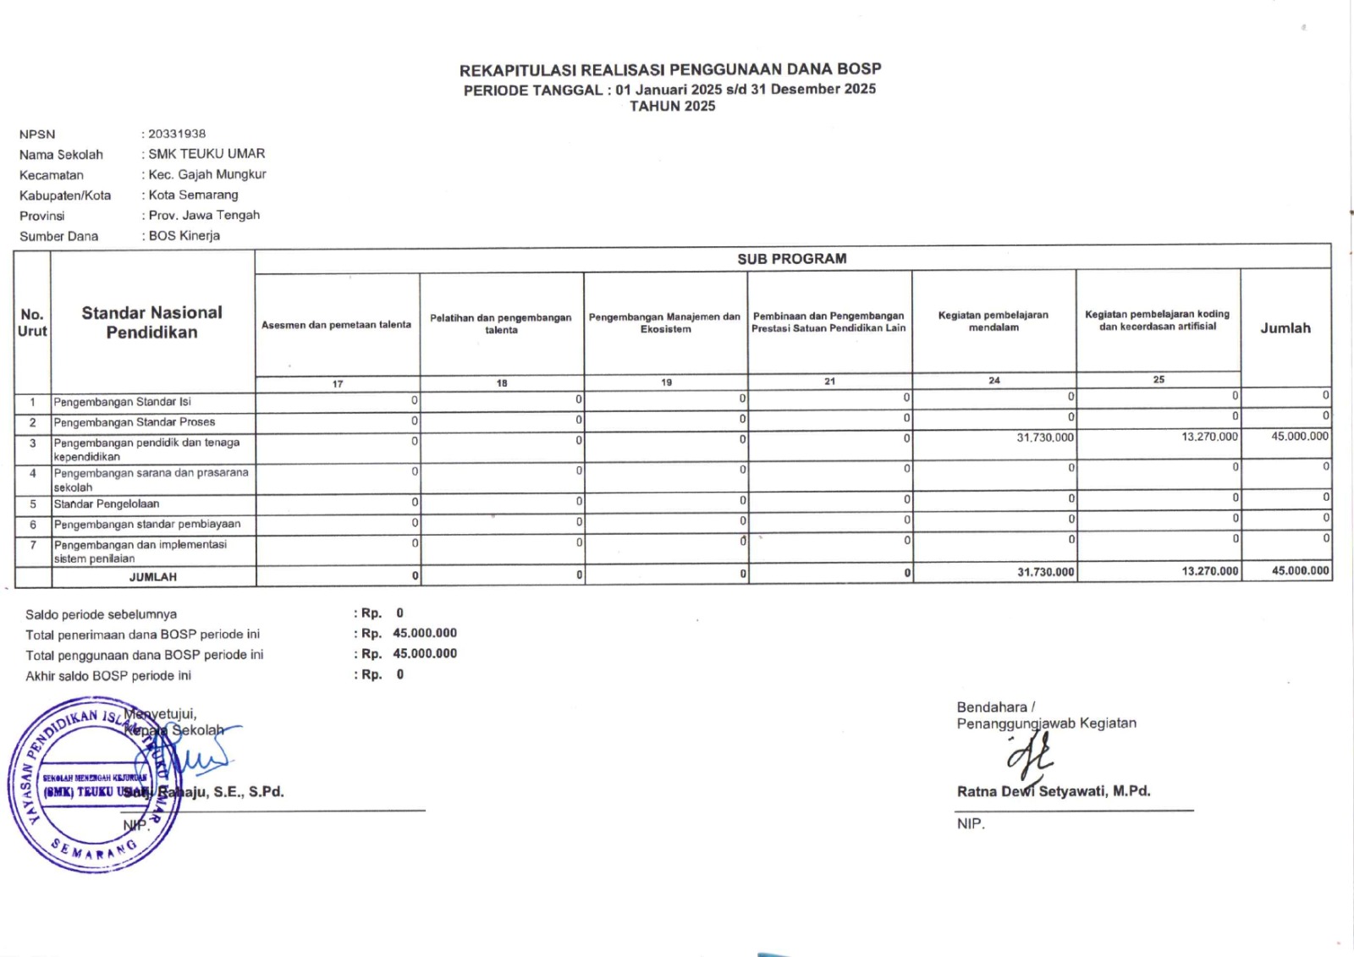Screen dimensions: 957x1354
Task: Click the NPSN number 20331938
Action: pyautogui.click(x=177, y=134)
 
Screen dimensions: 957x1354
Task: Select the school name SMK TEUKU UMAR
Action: pyautogui.click(x=206, y=154)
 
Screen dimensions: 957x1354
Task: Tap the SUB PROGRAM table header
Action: pyautogui.click(x=791, y=259)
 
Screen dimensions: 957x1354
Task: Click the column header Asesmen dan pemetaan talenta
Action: pyautogui.click(x=336, y=325)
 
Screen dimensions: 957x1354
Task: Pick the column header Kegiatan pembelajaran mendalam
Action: pyautogui.click(x=993, y=321)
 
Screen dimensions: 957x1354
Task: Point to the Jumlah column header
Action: pyautogui.click(x=1285, y=328)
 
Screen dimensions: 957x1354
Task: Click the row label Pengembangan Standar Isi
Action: pyautogui.click(x=122, y=402)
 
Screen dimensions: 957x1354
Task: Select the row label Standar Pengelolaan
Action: pyautogui.click(x=107, y=504)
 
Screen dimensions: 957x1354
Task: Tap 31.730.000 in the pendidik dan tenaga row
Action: pyautogui.click(x=1044, y=437)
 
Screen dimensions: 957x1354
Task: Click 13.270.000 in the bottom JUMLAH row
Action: pyautogui.click(x=1209, y=572)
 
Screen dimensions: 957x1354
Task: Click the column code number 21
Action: pyautogui.click(x=829, y=382)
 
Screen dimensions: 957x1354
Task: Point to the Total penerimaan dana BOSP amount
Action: pyautogui.click(x=424, y=633)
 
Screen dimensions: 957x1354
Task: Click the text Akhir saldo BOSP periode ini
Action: pyautogui.click(x=108, y=676)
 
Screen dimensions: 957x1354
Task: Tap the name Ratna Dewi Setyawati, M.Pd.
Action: pyautogui.click(x=1053, y=792)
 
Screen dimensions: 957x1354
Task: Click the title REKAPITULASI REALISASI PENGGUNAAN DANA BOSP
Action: pyautogui.click(x=670, y=69)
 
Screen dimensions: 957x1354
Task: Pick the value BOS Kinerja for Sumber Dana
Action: pyautogui.click(x=184, y=236)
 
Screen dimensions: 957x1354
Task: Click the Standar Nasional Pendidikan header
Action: pyautogui.click(x=151, y=322)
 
